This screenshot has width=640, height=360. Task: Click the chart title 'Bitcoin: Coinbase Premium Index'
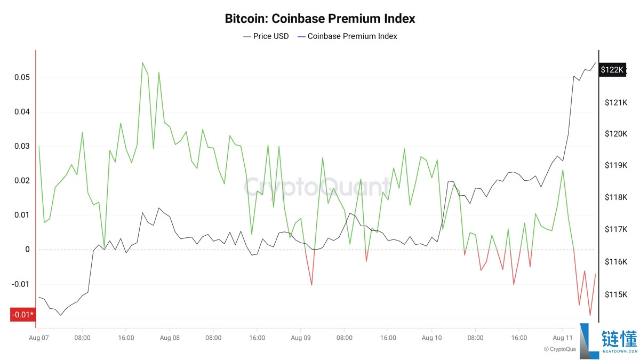[x=320, y=19]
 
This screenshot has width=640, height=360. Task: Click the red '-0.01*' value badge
[x=23, y=315]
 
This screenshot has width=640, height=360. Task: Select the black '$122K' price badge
[x=612, y=69]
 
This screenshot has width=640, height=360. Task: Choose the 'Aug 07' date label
[x=39, y=338]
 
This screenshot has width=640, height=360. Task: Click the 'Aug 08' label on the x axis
[x=170, y=338]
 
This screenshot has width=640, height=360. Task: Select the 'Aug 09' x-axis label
[x=301, y=338]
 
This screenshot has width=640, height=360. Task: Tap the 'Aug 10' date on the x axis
[x=431, y=338]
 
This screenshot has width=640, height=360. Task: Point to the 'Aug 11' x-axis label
[x=563, y=338]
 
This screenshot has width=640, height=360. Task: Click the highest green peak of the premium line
[x=142, y=63]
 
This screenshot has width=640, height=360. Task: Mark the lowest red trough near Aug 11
[x=590, y=315]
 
